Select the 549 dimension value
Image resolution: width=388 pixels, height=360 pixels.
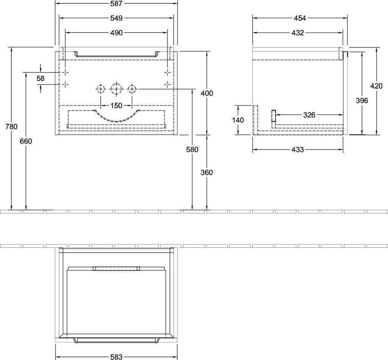pos(116,18)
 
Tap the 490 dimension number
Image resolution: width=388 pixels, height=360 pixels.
pos(116,33)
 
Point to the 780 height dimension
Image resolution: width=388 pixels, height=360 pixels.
pos(11,126)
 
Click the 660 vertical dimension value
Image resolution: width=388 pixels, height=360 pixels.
pos(26,141)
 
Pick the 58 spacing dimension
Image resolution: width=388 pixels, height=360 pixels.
pos(41,79)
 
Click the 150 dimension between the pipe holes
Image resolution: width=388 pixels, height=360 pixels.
pos(116,105)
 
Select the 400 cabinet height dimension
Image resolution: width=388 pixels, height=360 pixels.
pos(207,93)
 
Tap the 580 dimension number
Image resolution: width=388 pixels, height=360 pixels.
pos(192,149)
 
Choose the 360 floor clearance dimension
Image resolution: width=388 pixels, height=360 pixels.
pos(207,172)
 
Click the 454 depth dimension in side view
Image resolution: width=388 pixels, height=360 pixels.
pos(300,18)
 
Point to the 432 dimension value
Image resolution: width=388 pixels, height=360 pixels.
pos(298,33)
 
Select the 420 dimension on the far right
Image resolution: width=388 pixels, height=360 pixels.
pos(377,86)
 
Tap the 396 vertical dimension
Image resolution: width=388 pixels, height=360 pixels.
pos(362,100)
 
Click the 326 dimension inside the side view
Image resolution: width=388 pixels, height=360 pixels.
pos(309,115)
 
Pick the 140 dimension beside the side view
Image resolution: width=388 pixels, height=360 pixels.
pos(238,120)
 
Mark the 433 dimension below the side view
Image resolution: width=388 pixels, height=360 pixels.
pos(298,149)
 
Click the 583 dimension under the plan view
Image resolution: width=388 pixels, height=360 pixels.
pos(116,357)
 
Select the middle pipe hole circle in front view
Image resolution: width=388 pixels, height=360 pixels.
pos(116,89)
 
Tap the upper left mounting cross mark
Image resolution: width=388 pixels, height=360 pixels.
pos(66,72)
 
